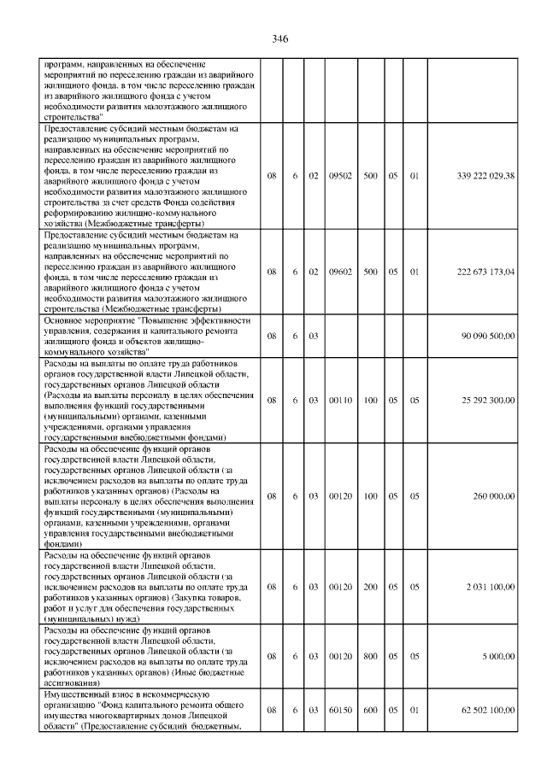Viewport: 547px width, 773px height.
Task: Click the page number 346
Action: (279, 39)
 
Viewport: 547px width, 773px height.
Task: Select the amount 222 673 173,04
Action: (485, 272)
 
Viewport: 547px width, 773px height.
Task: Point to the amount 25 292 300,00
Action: (488, 400)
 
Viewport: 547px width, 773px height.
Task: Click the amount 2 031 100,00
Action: (491, 587)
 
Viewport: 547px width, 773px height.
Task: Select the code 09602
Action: (341, 272)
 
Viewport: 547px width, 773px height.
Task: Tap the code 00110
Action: (341, 400)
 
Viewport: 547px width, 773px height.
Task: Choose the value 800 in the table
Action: (371, 656)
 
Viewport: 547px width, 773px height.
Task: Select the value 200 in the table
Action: (371, 587)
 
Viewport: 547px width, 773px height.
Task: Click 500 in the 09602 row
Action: (371, 272)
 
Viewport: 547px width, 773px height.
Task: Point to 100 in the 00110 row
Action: (371, 400)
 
